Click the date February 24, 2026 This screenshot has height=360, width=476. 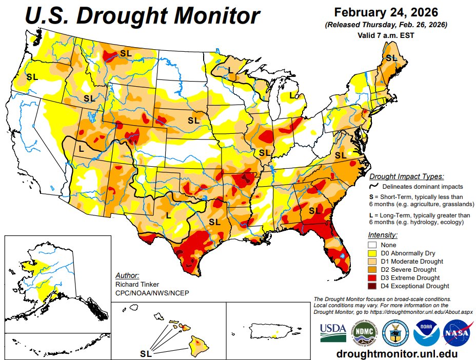385,12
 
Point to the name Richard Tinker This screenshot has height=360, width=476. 137,284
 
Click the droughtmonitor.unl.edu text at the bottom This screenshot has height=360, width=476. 396,353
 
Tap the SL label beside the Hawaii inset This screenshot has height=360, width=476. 146,353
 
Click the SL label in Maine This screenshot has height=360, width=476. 391,58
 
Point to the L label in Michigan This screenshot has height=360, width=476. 291,95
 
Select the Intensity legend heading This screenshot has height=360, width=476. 383,235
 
